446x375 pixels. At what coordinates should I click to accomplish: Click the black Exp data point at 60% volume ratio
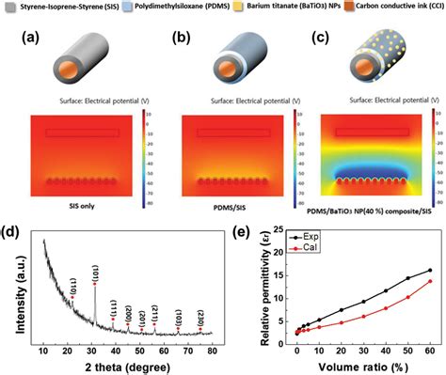[430, 270]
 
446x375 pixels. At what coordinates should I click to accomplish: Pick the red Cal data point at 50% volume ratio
[408, 297]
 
